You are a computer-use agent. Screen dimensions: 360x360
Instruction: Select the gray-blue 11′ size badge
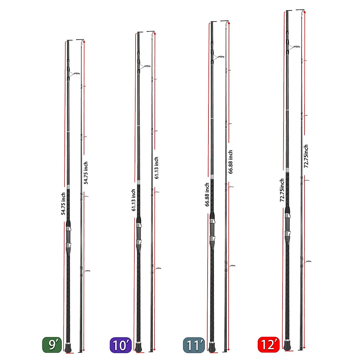point(193,345)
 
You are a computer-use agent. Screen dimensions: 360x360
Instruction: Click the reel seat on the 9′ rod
point(68,237)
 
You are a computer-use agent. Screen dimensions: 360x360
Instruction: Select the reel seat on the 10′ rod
point(139,232)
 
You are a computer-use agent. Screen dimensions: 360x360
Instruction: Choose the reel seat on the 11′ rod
point(212,229)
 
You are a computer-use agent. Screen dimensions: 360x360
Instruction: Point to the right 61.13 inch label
point(156,168)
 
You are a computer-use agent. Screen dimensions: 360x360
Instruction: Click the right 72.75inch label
point(306,156)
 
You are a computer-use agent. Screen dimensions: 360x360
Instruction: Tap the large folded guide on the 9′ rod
point(75,73)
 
